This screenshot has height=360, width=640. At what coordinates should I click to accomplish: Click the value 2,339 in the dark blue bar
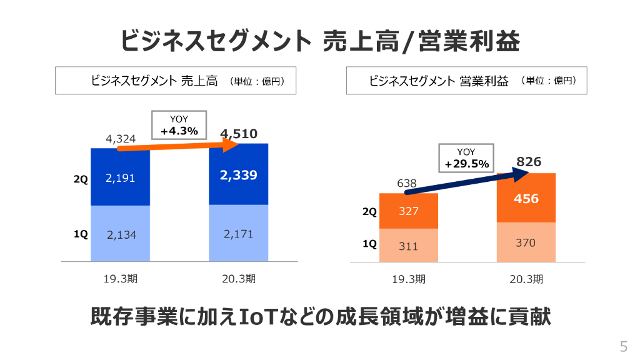tap(238, 176)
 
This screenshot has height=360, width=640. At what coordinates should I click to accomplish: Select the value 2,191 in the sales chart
tap(120, 178)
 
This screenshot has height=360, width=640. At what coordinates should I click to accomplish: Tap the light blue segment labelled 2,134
tap(120, 234)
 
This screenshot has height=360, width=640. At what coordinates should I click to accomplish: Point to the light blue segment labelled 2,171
tap(238, 233)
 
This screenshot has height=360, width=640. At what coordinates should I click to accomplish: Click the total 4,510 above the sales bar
tap(238, 133)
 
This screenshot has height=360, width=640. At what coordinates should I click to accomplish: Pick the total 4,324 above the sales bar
tap(121, 139)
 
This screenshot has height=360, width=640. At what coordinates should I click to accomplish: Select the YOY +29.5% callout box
tap(466, 158)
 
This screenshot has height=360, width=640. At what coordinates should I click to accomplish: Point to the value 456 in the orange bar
tap(526, 199)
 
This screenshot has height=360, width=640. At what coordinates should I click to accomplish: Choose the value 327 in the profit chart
tap(408, 211)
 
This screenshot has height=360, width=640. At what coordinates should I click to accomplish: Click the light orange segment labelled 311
tap(408, 246)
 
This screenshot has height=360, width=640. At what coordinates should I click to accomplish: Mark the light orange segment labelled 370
tap(526, 242)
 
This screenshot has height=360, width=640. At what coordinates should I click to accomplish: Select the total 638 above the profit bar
tap(407, 184)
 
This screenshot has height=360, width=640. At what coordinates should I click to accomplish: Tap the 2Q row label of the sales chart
tap(81, 179)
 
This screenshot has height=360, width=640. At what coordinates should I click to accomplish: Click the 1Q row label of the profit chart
tap(370, 244)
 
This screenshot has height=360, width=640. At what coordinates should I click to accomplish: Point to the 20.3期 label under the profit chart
tap(526, 279)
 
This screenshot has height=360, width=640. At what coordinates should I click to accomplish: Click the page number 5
tap(622, 347)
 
